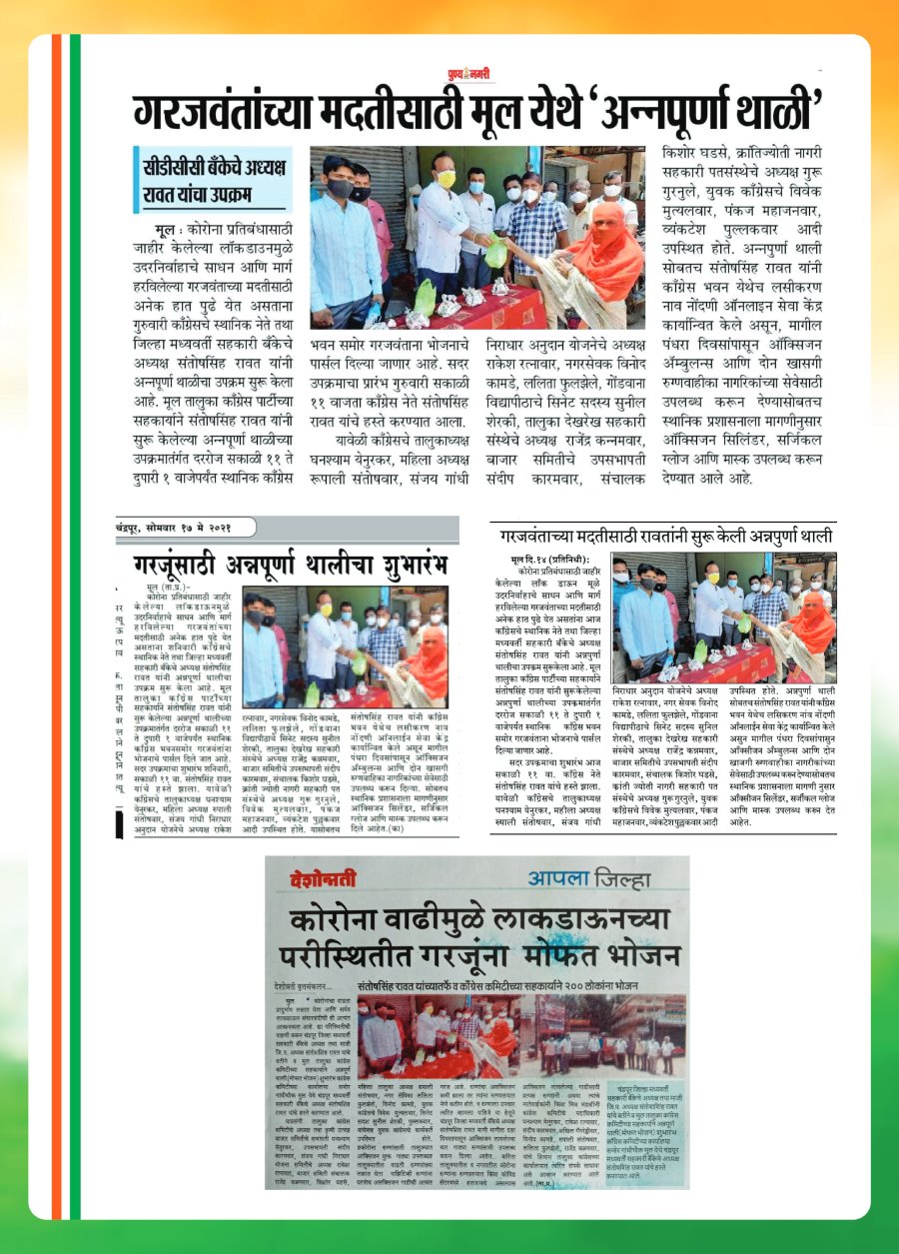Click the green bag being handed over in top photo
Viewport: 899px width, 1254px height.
[x=495, y=250]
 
